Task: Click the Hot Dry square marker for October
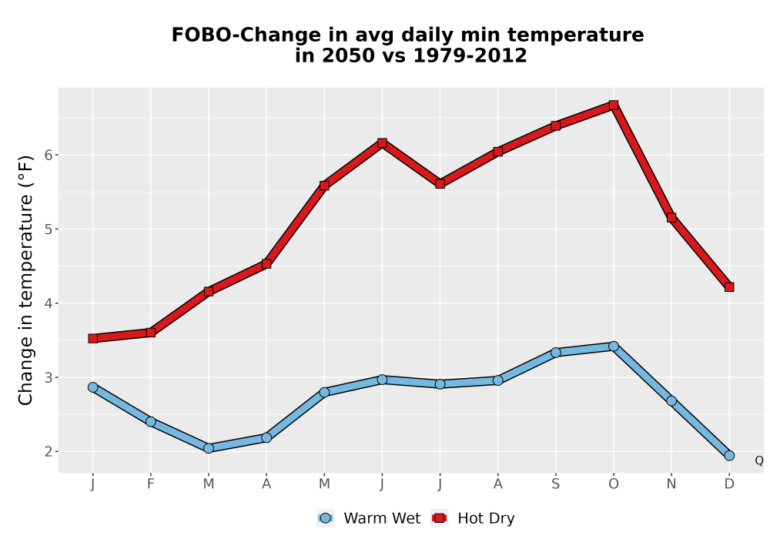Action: pyautogui.click(x=614, y=105)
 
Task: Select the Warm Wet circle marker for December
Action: pyautogui.click(x=729, y=456)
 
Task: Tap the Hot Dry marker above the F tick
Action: pyautogui.click(x=151, y=333)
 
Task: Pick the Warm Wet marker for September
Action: pyautogui.click(x=555, y=353)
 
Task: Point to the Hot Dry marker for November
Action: pyautogui.click(x=671, y=217)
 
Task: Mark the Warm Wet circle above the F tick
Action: pyautogui.click(x=151, y=422)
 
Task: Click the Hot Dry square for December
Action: pyautogui.click(x=729, y=286)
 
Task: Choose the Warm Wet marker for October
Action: pyautogui.click(x=614, y=346)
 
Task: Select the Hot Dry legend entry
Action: pyautogui.click(x=473, y=518)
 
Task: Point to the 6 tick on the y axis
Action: pyautogui.click(x=48, y=155)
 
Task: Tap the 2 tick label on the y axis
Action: pyautogui.click(x=48, y=452)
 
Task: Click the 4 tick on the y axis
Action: pyautogui.click(x=48, y=303)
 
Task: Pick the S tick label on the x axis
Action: pyautogui.click(x=555, y=484)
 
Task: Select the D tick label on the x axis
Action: pyautogui.click(x=729, y=484)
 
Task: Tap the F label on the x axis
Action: pyautogui.click(x=151, y=484)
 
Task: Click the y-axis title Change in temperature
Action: pyautogui.click(x=25, y=280)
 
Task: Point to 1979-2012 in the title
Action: pyautogui.click(x=470, y=55)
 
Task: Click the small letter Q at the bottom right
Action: pyautogui.click(x=759, y=460)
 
